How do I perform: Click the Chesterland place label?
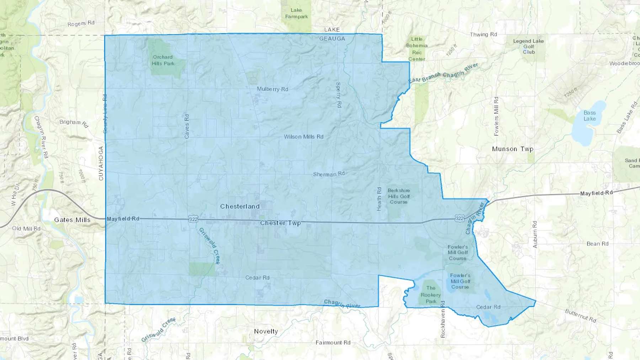(240, 206)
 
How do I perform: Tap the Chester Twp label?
(280, 223)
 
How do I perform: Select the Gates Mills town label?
(72, 220)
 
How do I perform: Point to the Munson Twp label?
(512, 149)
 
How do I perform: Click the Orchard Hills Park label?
(163, 60)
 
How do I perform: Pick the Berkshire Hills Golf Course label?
(399, 196)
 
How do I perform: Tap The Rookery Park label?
(431, 295)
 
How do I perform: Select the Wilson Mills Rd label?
(303, 137)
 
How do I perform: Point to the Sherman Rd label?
(329, 174)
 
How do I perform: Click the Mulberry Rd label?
(272, 89)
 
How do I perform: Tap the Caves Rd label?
(187, 126)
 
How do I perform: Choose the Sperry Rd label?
(338, 95)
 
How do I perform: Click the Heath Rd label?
(379, 199)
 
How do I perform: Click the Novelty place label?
(266, 331)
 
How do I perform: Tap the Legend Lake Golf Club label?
(528, 47)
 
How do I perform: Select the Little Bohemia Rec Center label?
(417, 49)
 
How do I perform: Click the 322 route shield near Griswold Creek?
(193, 219)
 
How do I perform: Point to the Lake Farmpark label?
(296, 14)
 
